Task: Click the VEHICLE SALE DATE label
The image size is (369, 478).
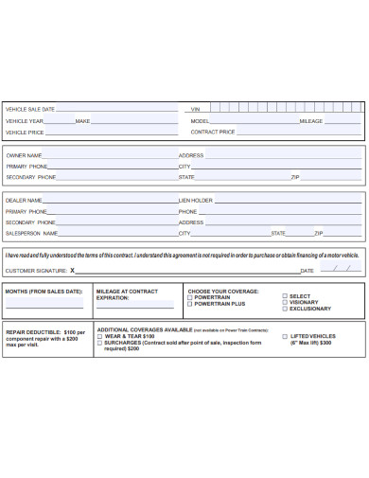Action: [x=30, y=110]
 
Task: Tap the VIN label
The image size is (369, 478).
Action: [x=195, y=110]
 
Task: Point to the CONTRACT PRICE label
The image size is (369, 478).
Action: [x=213, y=133]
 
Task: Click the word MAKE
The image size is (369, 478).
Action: [x=82, y=121]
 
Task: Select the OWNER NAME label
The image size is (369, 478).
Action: [x=24, y=154]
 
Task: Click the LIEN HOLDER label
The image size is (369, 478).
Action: [x=196, y=201]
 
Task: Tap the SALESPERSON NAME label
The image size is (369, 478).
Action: [x=32, y=233]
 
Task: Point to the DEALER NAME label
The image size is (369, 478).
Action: [x=24, y=201]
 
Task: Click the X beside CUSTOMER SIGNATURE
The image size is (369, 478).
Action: [x=72, y=271]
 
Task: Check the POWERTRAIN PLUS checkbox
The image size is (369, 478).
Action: [x=190, y=303]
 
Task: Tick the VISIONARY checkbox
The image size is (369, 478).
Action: [x=284, y=303]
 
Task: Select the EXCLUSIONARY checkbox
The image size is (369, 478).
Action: [x=284, y=309]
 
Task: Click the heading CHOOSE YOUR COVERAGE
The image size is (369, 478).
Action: [x=224, y=291]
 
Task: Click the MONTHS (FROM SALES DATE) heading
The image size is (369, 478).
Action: [x=44, y=291]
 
